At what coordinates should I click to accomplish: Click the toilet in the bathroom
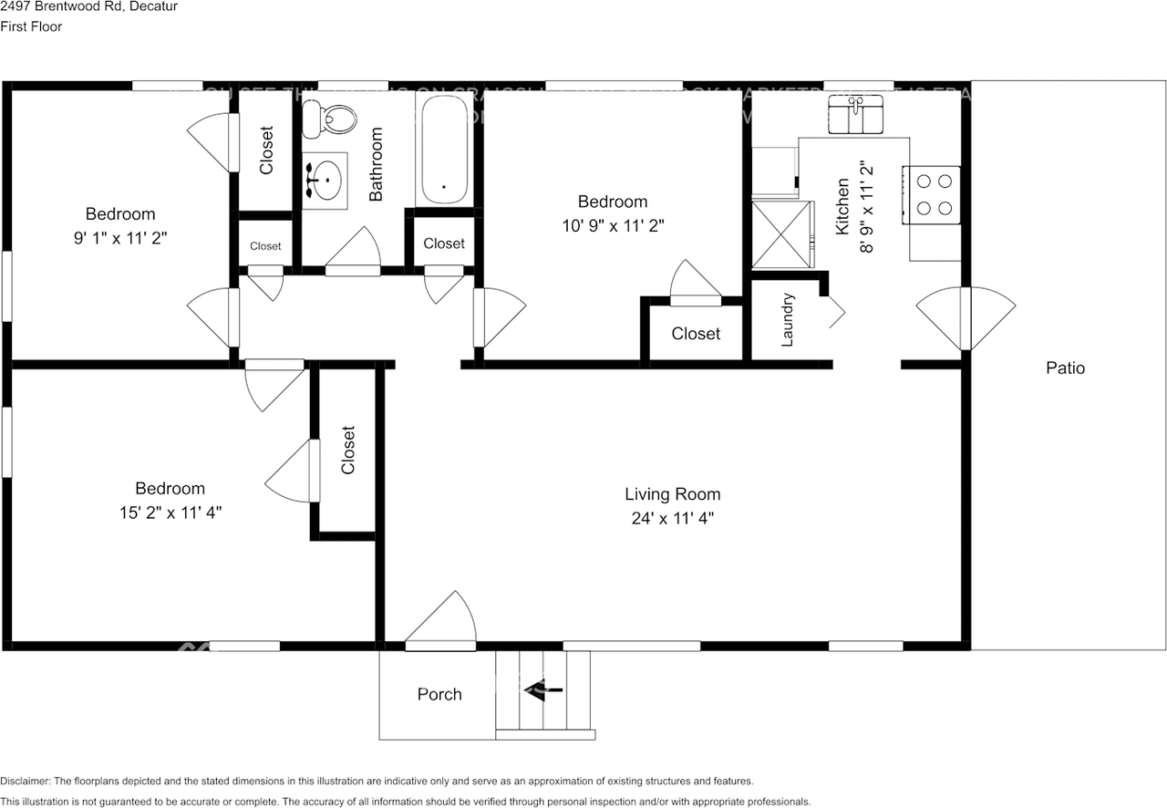coord(332,116)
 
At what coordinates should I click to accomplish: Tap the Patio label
coord(1065,368)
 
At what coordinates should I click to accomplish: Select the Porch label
coord(439,694)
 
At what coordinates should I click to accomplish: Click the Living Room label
coord(672,494)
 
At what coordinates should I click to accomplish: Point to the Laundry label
coord(789,320)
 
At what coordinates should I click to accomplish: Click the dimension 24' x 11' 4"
coord(672,519)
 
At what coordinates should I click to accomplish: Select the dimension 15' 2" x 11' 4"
coord(170,513)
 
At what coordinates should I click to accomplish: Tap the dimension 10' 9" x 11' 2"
coord(613,225)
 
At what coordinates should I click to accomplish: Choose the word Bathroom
coord(376,164)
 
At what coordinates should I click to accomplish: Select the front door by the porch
coord(439,625)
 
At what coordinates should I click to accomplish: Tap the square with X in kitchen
coord(780,234)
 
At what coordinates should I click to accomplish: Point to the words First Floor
coord(31,27)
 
